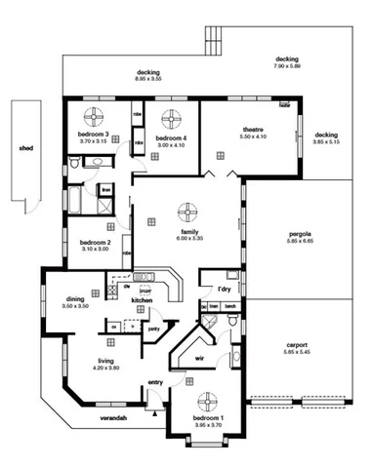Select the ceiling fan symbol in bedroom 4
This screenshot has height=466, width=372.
(x=171, y=120)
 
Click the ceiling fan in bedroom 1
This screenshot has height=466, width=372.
(x=207, y=403)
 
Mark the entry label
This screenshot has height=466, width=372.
(x=155, y=382)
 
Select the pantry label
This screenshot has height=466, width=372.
(x=153, y=329)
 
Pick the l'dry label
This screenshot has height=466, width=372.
(x=223, y=289)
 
